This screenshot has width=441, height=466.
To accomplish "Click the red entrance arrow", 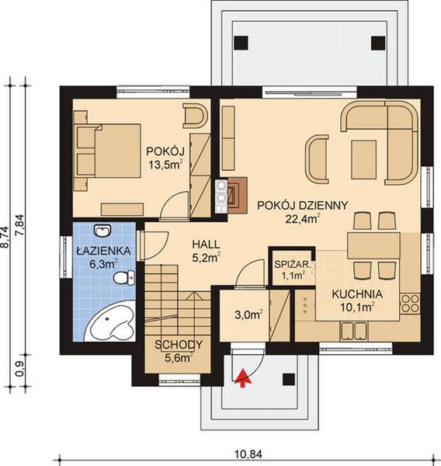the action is [243, 378].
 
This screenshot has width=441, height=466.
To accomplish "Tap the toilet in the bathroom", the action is [124, 278].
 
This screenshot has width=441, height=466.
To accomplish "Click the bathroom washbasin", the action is [102, 231].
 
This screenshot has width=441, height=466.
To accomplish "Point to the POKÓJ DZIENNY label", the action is [302, 205].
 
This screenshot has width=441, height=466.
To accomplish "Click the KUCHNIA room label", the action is [357, 294].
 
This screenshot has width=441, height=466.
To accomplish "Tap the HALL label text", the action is [207, 245].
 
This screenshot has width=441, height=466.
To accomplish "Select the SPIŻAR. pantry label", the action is [293, 265].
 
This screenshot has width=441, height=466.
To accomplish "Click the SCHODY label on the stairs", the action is [179, 345].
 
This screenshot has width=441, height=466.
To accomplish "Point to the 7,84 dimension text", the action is [22, 225].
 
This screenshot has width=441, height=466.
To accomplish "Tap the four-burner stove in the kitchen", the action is [410, 303].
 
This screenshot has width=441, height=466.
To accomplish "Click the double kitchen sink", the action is [354, 331].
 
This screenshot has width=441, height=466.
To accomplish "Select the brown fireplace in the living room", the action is [237, 195].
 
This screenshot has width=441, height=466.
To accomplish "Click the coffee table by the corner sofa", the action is [363, 159].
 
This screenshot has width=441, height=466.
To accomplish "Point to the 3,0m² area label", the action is [248, 315].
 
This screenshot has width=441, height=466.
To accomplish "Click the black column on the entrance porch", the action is [288, 380].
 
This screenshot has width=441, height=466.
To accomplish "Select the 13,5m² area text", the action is [165, 165].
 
